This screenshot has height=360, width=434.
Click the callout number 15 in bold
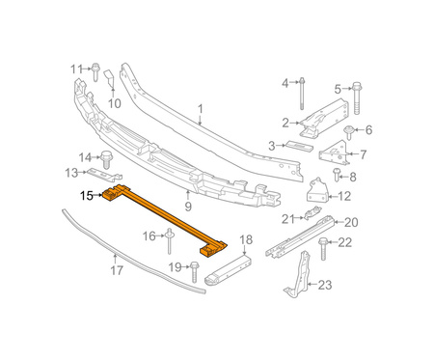click(x=87, y=196)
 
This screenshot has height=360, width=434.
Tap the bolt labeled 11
click(x=95, y=72)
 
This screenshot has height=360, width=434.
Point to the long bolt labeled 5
click(x=356, y=97)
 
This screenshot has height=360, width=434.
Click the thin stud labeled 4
click(x=302, y=94)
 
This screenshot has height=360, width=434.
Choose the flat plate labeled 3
click(x=299, y=146)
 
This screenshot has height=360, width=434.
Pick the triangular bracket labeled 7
click(x=334, y=152)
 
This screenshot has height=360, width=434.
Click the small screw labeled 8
click(x=337, y=175)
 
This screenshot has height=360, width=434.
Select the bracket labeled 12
click(x=317, y=191)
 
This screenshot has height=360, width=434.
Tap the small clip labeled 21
click(x=312, y=213)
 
